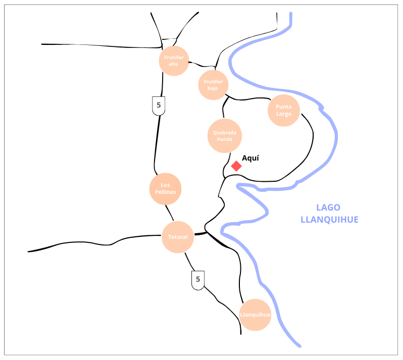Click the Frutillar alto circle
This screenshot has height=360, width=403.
(174, 61)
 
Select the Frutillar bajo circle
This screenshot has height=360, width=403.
(213, 85)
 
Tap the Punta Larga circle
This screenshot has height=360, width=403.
(283, 110)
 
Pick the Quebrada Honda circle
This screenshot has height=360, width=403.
(225, 136)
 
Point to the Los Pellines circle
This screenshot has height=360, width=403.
(166, 189)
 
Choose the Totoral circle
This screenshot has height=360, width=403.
(178, 237)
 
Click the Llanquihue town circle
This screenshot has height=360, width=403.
(255, 315)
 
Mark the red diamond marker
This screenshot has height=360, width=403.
(236, 166)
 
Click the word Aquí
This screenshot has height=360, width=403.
(250, 158)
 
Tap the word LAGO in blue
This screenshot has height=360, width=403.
(328, 207)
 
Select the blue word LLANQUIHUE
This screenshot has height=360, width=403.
(329, 220)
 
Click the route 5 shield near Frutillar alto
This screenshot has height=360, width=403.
(159, 106)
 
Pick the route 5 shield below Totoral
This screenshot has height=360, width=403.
(198, 279)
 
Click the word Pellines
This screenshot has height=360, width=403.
(166, 192)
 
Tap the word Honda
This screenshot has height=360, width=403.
(225, 139)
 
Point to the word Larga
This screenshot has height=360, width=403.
(283, 114)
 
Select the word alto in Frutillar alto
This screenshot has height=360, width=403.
(174, 64)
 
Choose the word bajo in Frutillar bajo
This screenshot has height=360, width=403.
(213, 88)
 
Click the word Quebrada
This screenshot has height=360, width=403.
(225, 133)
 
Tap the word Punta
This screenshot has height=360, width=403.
(283, 107)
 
